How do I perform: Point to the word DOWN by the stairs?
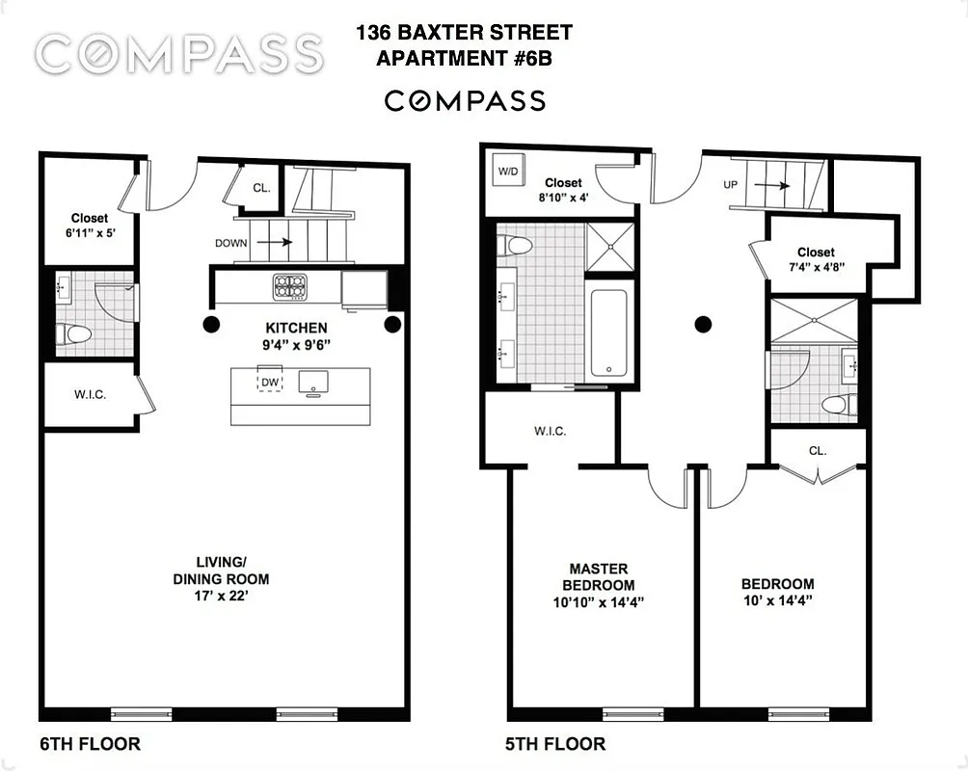coord(230,244)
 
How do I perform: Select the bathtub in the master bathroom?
coord(610,332)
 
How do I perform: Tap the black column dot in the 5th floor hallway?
coord(704,325)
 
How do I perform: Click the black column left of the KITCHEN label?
coord(210,325)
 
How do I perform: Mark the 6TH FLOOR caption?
coord(90,744)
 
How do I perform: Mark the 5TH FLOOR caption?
coord(555,744)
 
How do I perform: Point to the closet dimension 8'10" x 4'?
coord(563,199)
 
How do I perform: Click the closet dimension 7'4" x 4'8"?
coord(816,269)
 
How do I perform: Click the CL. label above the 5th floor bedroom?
coord(818,450)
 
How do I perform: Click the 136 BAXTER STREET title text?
coord(464,33)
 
